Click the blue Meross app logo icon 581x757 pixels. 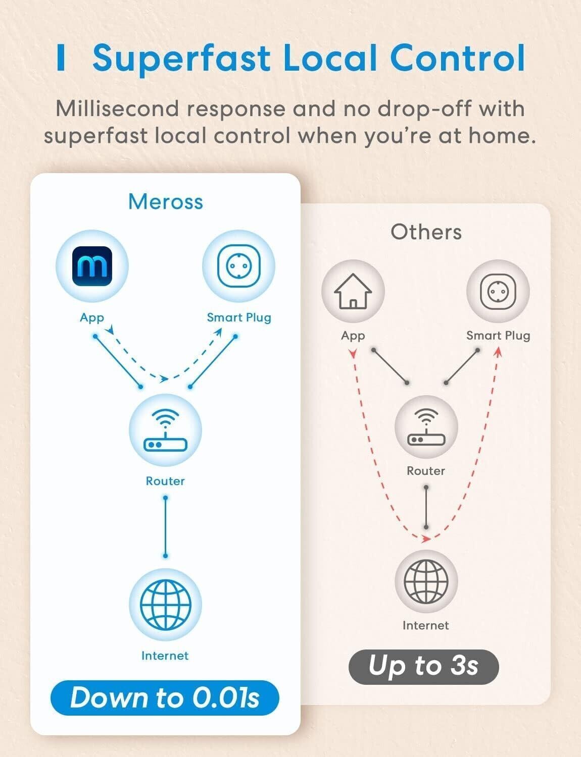coord(91,266)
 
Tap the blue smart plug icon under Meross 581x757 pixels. coord(238,266)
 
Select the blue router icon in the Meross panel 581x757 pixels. coord(165,430)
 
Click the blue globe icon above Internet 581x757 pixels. coord(165,604)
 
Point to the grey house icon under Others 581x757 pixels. coord(353,291)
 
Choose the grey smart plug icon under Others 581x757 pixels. coord(498,291)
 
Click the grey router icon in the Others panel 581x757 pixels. coord(426,427)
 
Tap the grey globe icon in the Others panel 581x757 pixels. coord(426,581)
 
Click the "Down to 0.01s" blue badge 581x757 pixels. coord(165,698)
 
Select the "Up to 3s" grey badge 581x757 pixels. coord(423,666)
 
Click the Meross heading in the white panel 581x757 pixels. coord(166,202)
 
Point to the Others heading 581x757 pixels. coord(426,232)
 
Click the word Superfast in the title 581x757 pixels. coord(182,58)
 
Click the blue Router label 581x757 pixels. coord(165,481)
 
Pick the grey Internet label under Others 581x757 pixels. coord(425,626)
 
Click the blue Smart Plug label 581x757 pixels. coord(239,317)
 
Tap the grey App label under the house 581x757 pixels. coord(353,336)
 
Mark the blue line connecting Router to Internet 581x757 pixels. coord(165,527)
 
